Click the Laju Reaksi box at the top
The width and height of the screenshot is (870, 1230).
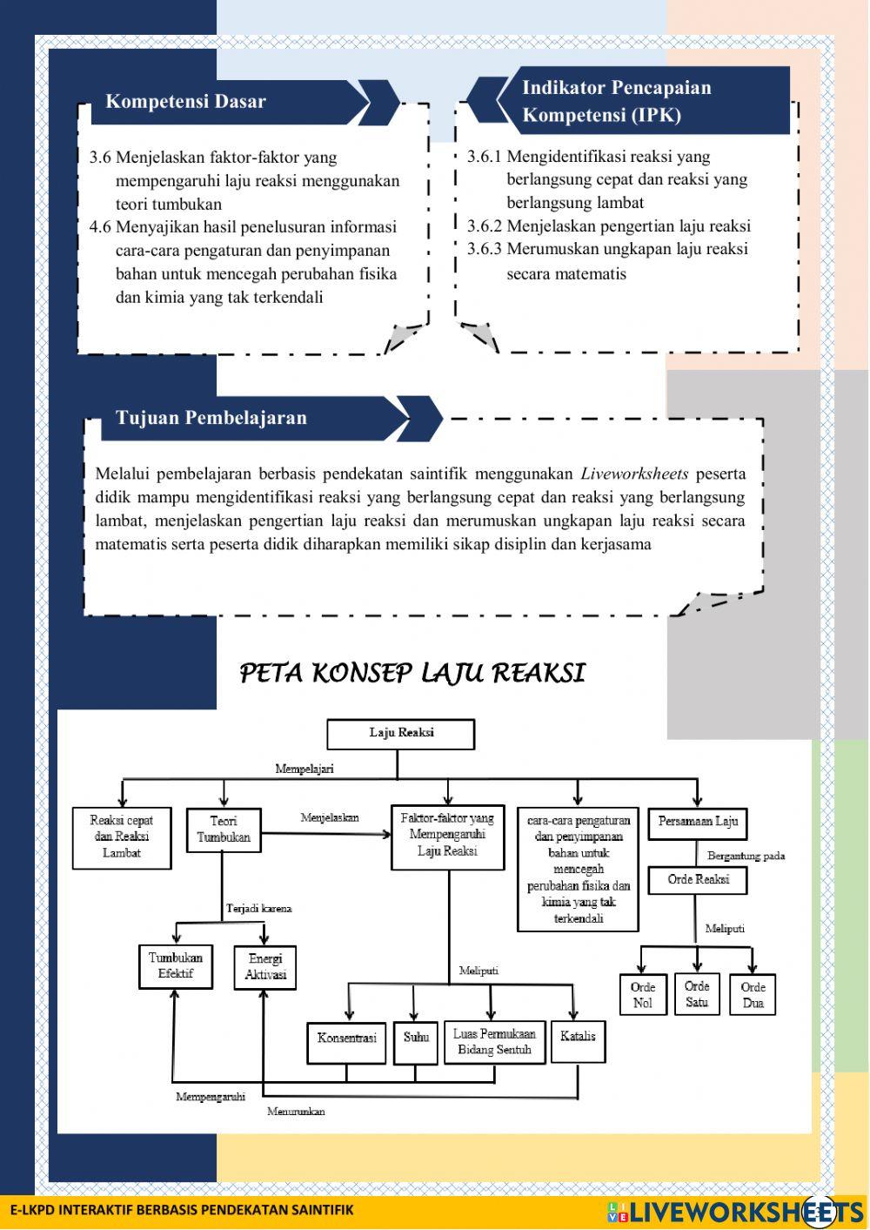400,734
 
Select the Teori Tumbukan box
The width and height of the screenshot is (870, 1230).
224,830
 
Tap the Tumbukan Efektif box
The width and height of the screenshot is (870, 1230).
175,966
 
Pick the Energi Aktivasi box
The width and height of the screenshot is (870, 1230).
265,967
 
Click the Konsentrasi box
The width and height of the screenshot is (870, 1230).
346,1041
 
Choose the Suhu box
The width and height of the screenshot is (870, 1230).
416,1042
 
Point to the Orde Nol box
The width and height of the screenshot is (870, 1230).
642,995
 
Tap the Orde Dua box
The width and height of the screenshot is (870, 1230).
753,995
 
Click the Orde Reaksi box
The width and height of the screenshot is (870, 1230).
698,880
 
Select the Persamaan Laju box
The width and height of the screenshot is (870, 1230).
698,821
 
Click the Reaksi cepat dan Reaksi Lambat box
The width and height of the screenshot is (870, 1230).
122,837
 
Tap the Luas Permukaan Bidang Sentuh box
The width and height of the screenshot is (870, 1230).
494,1042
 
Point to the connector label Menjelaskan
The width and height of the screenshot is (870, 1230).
330,818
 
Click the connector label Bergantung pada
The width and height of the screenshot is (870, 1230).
746,856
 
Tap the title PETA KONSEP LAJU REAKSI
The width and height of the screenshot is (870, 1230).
412,673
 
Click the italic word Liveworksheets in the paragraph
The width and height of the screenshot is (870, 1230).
634,474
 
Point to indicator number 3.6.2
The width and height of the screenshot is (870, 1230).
485,226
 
